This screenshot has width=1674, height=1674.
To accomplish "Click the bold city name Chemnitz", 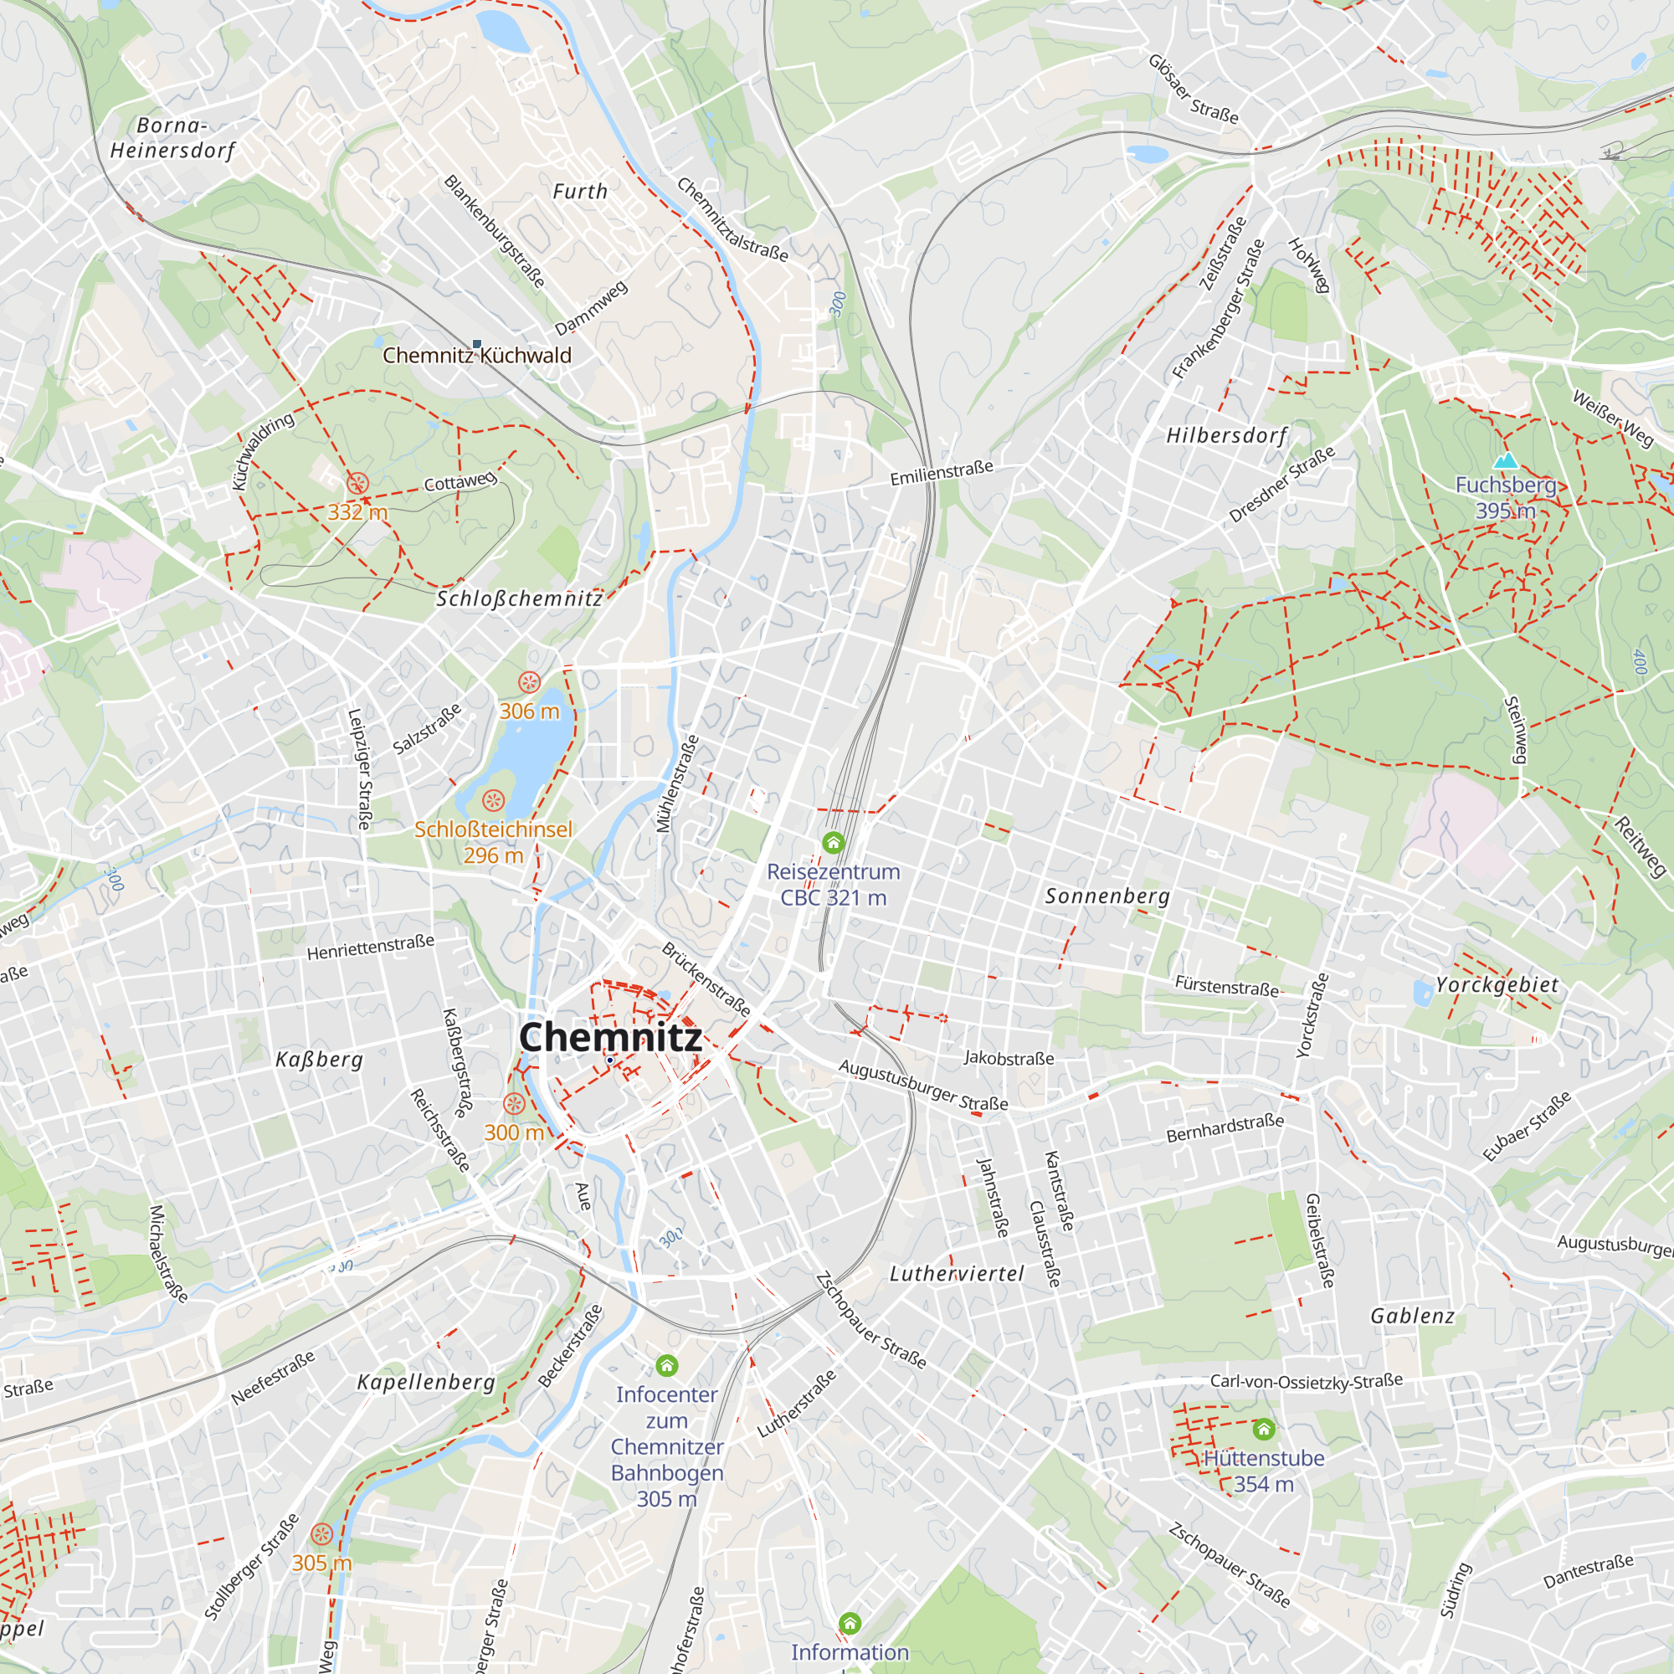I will (x=610, y=1037).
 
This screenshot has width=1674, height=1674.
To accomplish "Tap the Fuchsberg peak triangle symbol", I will (x=1506, y=460).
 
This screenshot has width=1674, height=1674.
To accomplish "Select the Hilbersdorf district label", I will (x=1226, y=435).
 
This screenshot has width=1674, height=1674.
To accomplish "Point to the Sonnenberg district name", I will (x=1107, y=896).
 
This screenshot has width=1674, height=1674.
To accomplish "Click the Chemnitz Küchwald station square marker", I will (x=476, y=344).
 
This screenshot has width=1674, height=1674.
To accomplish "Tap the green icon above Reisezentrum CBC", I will (x=833, y=842).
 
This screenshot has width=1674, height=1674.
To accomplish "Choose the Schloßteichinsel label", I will (x=493, y=829).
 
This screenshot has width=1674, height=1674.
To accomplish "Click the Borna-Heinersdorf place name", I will (x=172, y=138).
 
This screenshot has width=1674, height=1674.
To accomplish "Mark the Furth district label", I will (x=581, y=192).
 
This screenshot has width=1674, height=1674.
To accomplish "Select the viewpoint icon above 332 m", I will (x=357, y=484).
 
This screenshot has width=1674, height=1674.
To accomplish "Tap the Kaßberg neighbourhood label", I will (x=319, y=1059).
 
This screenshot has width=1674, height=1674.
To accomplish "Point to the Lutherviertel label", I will (x=957, y=1274).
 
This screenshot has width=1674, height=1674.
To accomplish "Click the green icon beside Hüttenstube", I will (x=1263, y=1429).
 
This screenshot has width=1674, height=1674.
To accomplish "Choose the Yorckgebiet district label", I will (x=1497, y=985).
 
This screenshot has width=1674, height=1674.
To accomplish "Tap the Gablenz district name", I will (x=1412, y=1316).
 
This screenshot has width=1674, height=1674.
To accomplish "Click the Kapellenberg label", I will (x=426, y=1382).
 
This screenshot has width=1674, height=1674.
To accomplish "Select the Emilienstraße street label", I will (x=942, y=473).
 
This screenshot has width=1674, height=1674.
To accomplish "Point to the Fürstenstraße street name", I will (x=1226, y=986).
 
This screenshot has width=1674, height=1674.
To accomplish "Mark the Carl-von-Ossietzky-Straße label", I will (x=1306, y=1381).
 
